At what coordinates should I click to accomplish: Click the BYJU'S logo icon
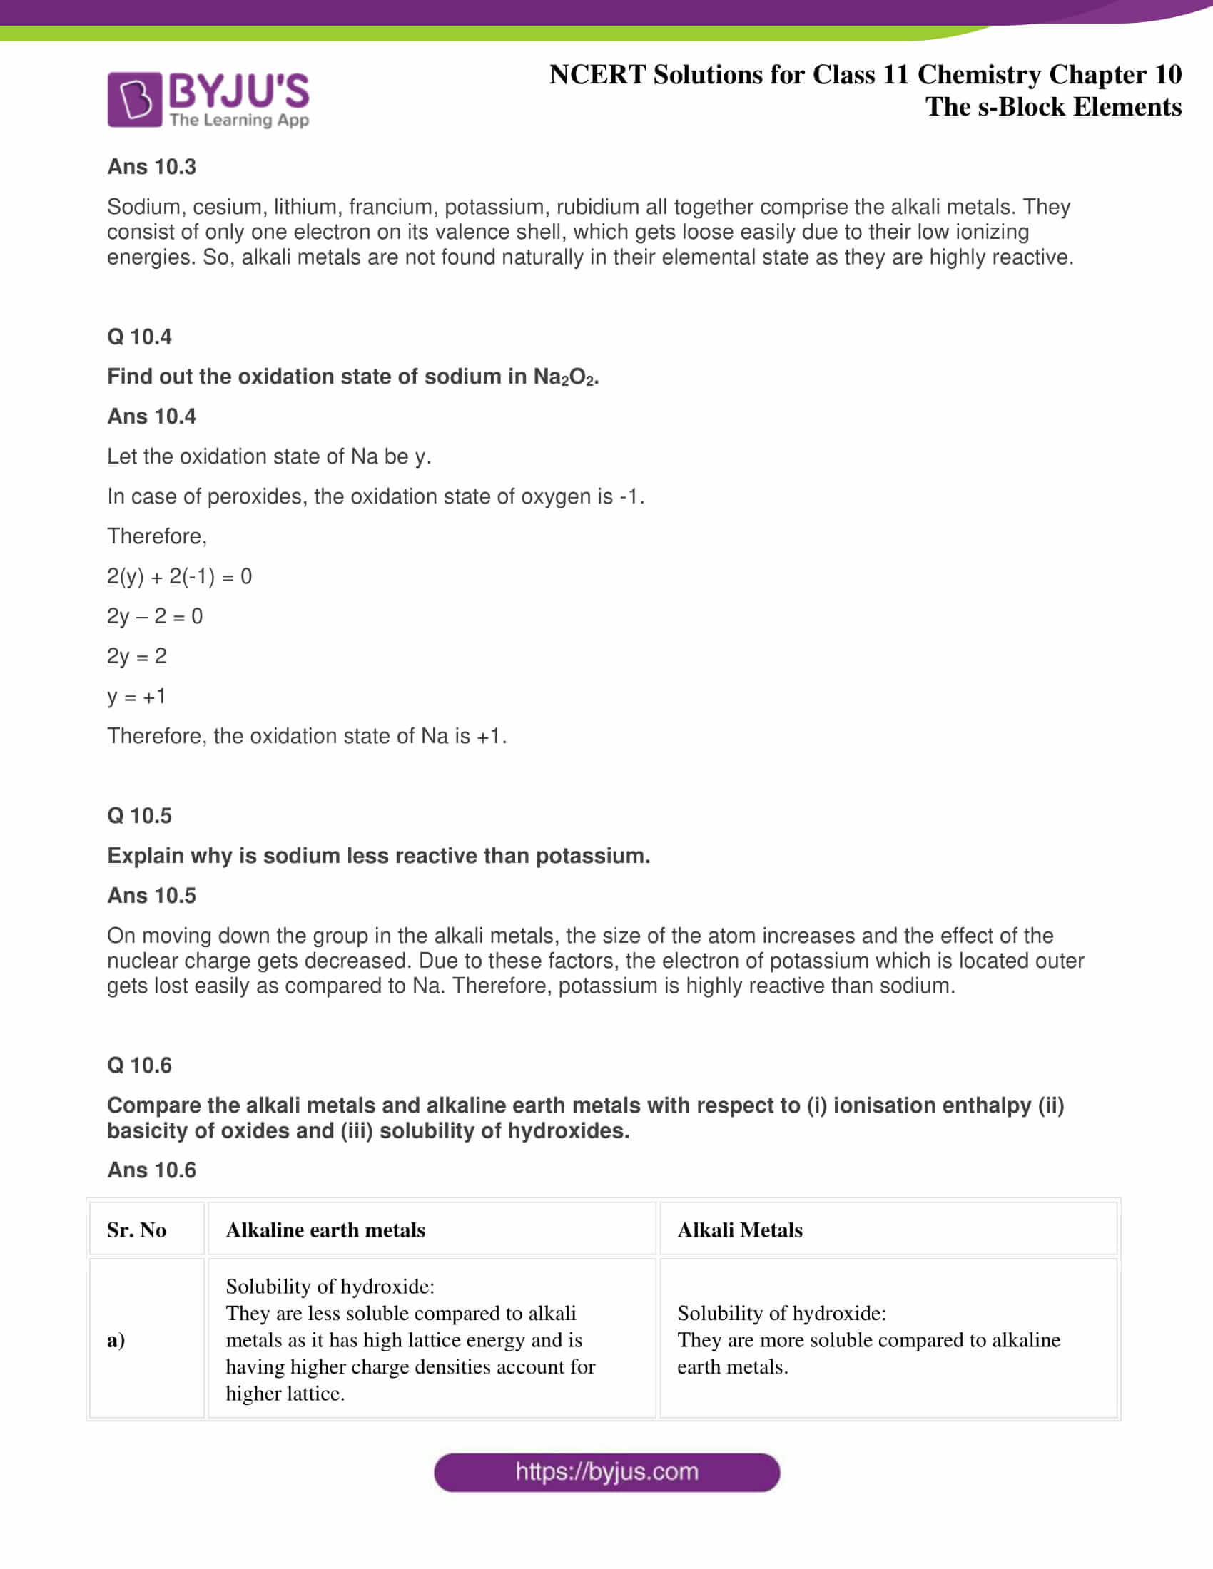point(134,100)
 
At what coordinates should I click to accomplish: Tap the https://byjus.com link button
point(606,1472)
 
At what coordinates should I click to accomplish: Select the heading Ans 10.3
point(151,167)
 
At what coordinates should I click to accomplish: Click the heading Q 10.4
point(139,336)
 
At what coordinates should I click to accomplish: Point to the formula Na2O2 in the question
point(565,377)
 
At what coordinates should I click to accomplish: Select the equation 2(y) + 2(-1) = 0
point(180,576)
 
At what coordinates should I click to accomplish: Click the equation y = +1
point(136,696)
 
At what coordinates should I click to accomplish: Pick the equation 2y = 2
point(136,656)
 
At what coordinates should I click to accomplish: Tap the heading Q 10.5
point(139,815)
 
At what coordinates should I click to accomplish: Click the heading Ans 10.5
point(151,895)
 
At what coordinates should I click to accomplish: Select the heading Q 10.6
point(139,1065)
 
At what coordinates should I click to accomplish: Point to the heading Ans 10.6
point(151,1170)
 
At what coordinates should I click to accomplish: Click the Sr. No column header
point(136,1230)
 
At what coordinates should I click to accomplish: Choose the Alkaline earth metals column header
point(325,1230)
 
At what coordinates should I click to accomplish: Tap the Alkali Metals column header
point(739,1230)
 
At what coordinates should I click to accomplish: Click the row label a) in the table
point(116,1340)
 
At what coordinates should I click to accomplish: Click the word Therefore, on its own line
point(157,536)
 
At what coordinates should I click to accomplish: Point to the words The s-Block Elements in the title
point(1052,107)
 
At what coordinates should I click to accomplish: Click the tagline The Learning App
point(239,120)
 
